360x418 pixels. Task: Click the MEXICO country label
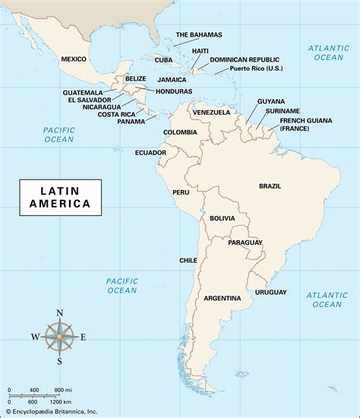point(74,59)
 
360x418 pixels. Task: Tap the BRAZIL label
point(270,185)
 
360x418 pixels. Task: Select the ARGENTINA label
point(223,297)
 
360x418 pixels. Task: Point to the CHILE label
point(188,260)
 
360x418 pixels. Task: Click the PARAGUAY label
point(245,242)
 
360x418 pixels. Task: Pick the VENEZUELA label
point(211,112)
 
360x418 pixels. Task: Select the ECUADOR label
point(150,153)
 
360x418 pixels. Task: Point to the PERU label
point(181,192)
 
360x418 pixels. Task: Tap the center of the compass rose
point(60,337)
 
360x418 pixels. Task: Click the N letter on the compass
point(60,313)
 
